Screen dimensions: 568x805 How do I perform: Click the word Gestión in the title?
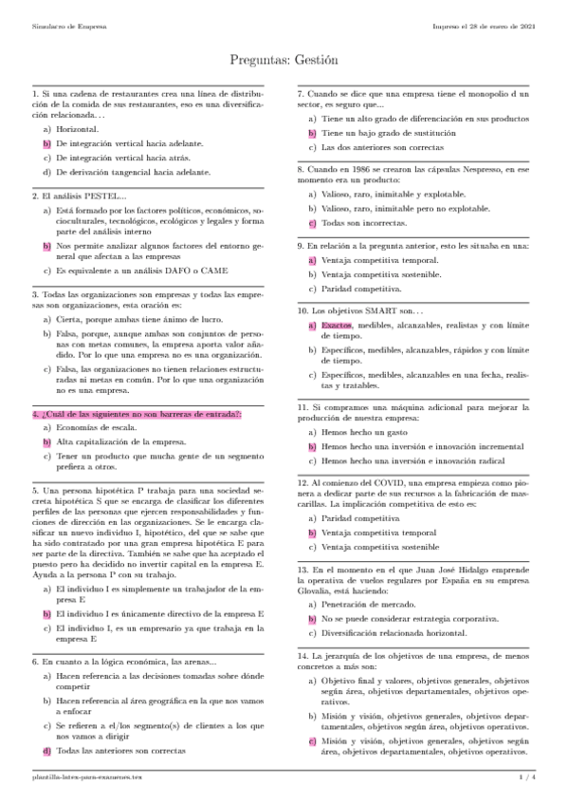[314, 60]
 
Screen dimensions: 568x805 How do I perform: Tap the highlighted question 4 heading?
[137, 415]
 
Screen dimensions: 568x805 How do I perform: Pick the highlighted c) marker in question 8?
[312, 222]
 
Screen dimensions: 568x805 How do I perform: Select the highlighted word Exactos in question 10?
[337, 326]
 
